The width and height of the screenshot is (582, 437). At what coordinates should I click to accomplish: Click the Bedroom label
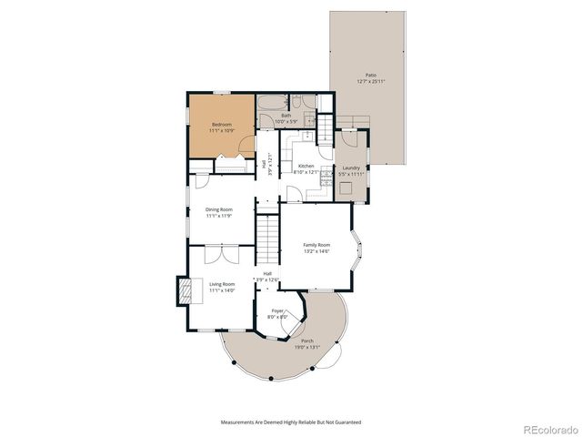point(222,124)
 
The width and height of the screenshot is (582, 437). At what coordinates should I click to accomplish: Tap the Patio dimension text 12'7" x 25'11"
point(370,81)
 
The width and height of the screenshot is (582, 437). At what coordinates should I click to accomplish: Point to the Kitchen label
point(306,166)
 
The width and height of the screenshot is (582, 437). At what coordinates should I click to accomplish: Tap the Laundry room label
point(350,167)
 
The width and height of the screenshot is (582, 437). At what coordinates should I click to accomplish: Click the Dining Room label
point(218,209)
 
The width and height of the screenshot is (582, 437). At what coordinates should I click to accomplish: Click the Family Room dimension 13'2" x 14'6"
point(316,251)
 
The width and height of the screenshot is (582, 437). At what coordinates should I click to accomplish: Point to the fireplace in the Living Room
point(185,291)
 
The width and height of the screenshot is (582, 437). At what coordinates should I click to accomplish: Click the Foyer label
point(277,310)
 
